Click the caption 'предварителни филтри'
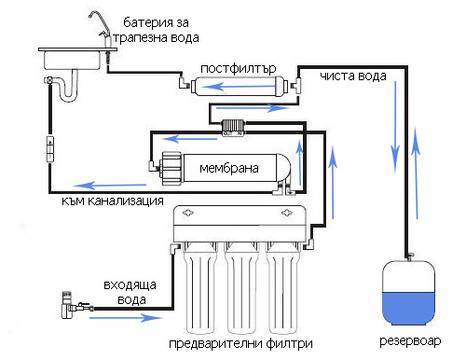coord(237,343)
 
